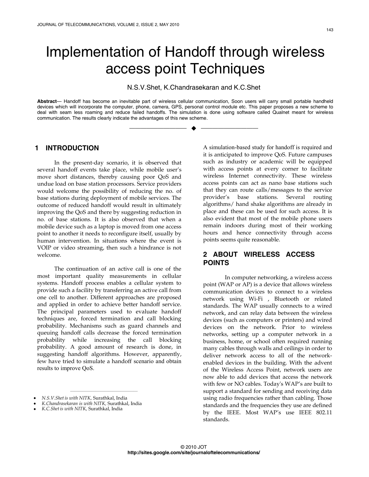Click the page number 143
(x=330, y=30)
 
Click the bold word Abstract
(x=47, y=101)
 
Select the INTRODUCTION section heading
(x=72, y=148)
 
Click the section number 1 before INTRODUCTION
(x=37, y=148)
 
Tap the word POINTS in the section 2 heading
(x=216, y=263)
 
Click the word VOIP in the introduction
(x=43, y=248)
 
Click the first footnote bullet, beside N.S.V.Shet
(x=35, y=398)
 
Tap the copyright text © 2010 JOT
(x=194, y=447)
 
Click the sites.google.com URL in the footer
(x=194, y=452)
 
